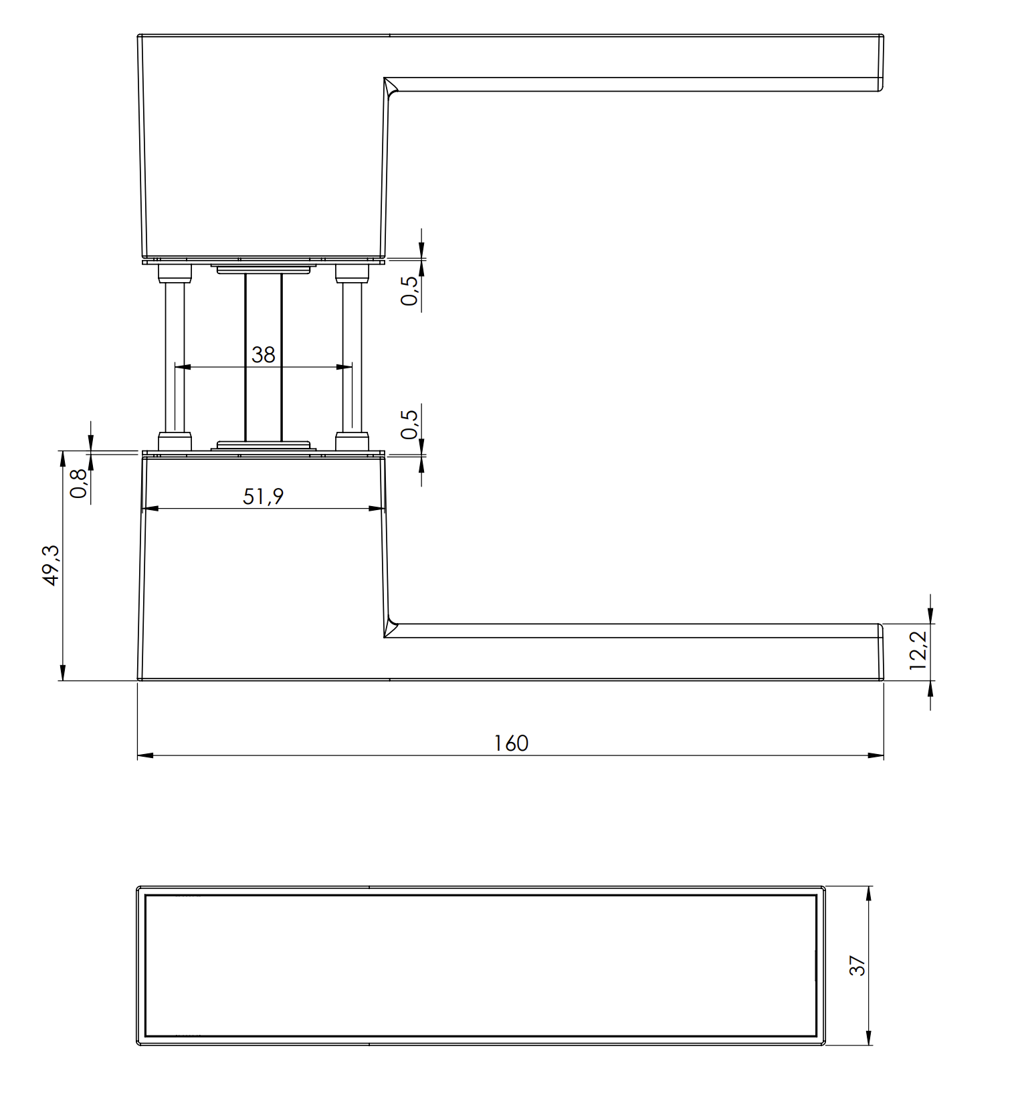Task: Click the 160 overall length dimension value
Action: click(511, 743)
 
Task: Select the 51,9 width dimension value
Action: click(263, 496)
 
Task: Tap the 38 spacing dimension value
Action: click(264, 354)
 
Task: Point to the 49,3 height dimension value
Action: click(52, 566)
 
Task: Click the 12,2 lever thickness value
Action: click(918, 650)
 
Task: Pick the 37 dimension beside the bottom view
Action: click(857, 965)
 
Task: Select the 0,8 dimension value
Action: click(78, 483)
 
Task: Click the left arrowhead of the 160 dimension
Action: click(145, 755)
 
